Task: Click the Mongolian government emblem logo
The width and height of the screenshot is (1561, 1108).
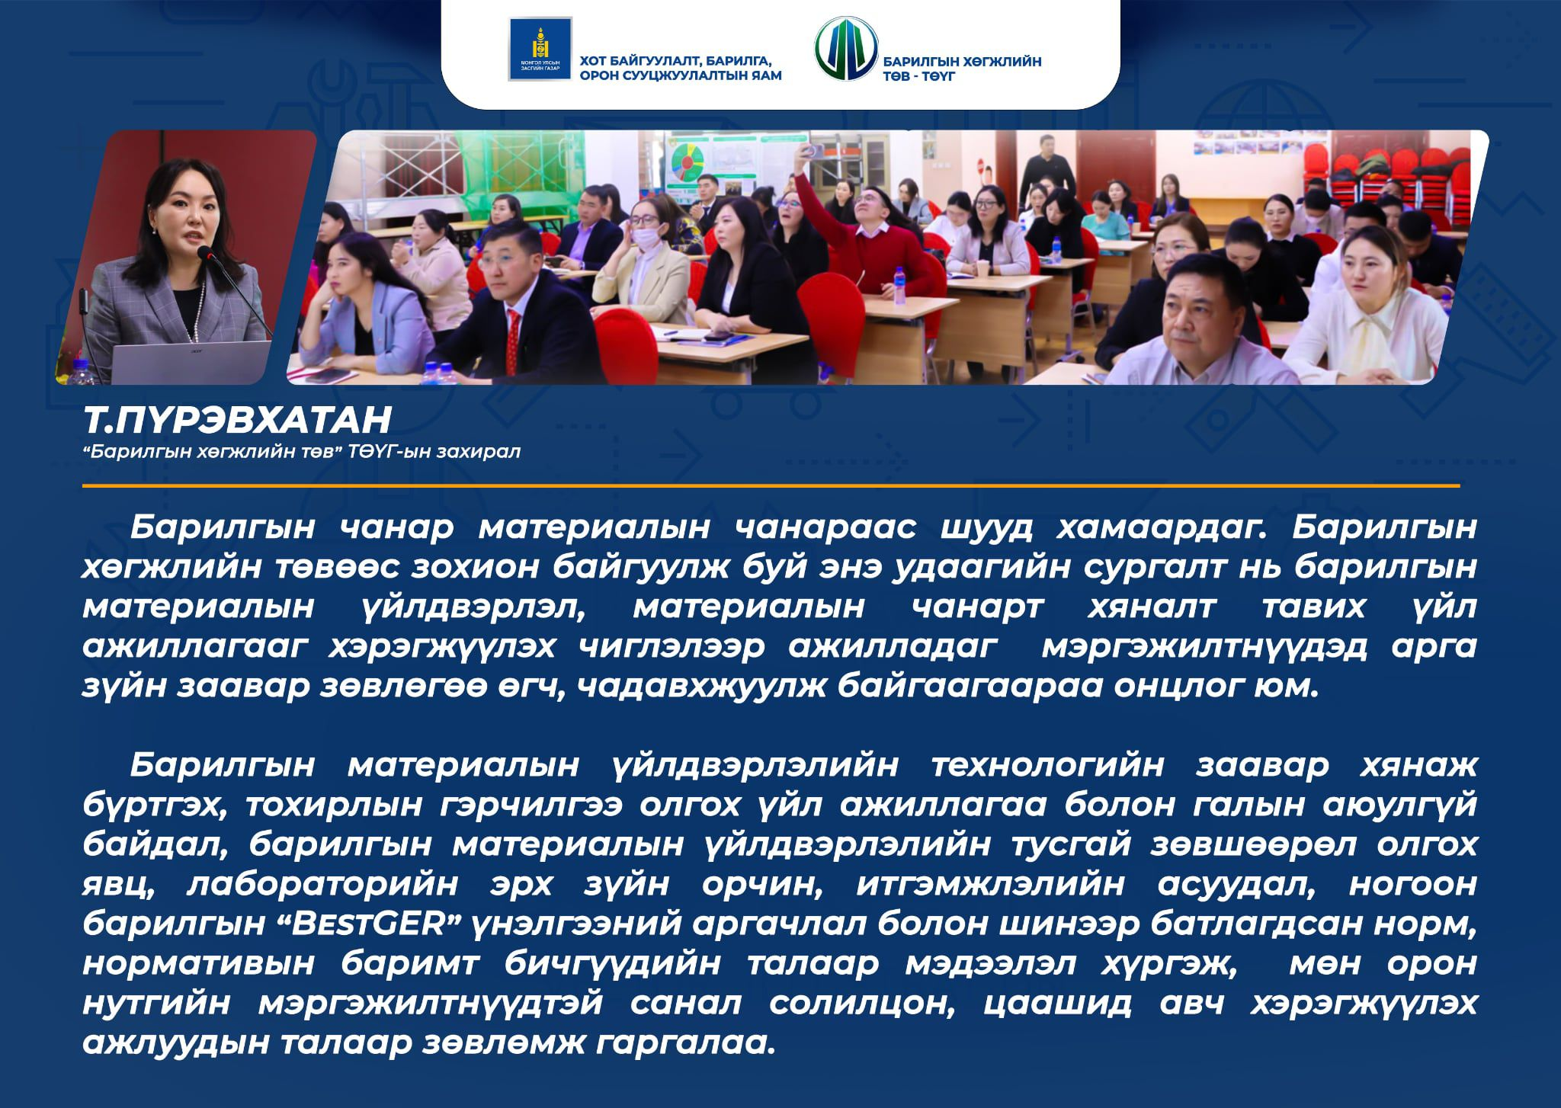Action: pyautogui.click(x=540, y=49)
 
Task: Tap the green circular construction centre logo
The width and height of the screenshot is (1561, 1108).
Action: pyautogui.click(x=845, y=49)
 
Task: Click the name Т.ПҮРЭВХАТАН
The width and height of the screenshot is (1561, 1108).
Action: pyautogui.click(x=237, y=420)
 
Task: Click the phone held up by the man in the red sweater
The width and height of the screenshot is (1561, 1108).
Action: pyautogui.click(x=812, y=149)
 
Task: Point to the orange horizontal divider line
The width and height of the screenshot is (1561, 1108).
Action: pyautogui.click(x=771, y=485)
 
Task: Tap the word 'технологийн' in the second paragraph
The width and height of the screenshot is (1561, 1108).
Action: pyautogui.click(x=1048, y=765)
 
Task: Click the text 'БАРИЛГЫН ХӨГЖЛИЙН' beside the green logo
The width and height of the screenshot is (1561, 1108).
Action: pyautogui.click(x=962, y=62)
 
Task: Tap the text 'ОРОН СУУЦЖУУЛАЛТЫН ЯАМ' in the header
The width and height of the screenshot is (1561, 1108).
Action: pyautogui.click(x=681, y=75)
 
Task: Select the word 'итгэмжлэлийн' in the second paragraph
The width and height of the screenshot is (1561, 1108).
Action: pyautogui.click(x=989, y=885)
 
